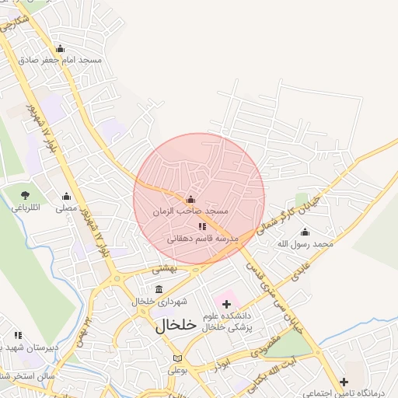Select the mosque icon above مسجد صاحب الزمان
coord(191,198)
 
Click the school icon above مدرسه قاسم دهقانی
coord(202,226)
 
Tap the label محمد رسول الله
coord(305,243)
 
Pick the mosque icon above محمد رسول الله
coord(305,232)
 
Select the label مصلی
coord(66,208)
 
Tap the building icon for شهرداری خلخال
coord(159,290)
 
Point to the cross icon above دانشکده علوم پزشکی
coord(226,302)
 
